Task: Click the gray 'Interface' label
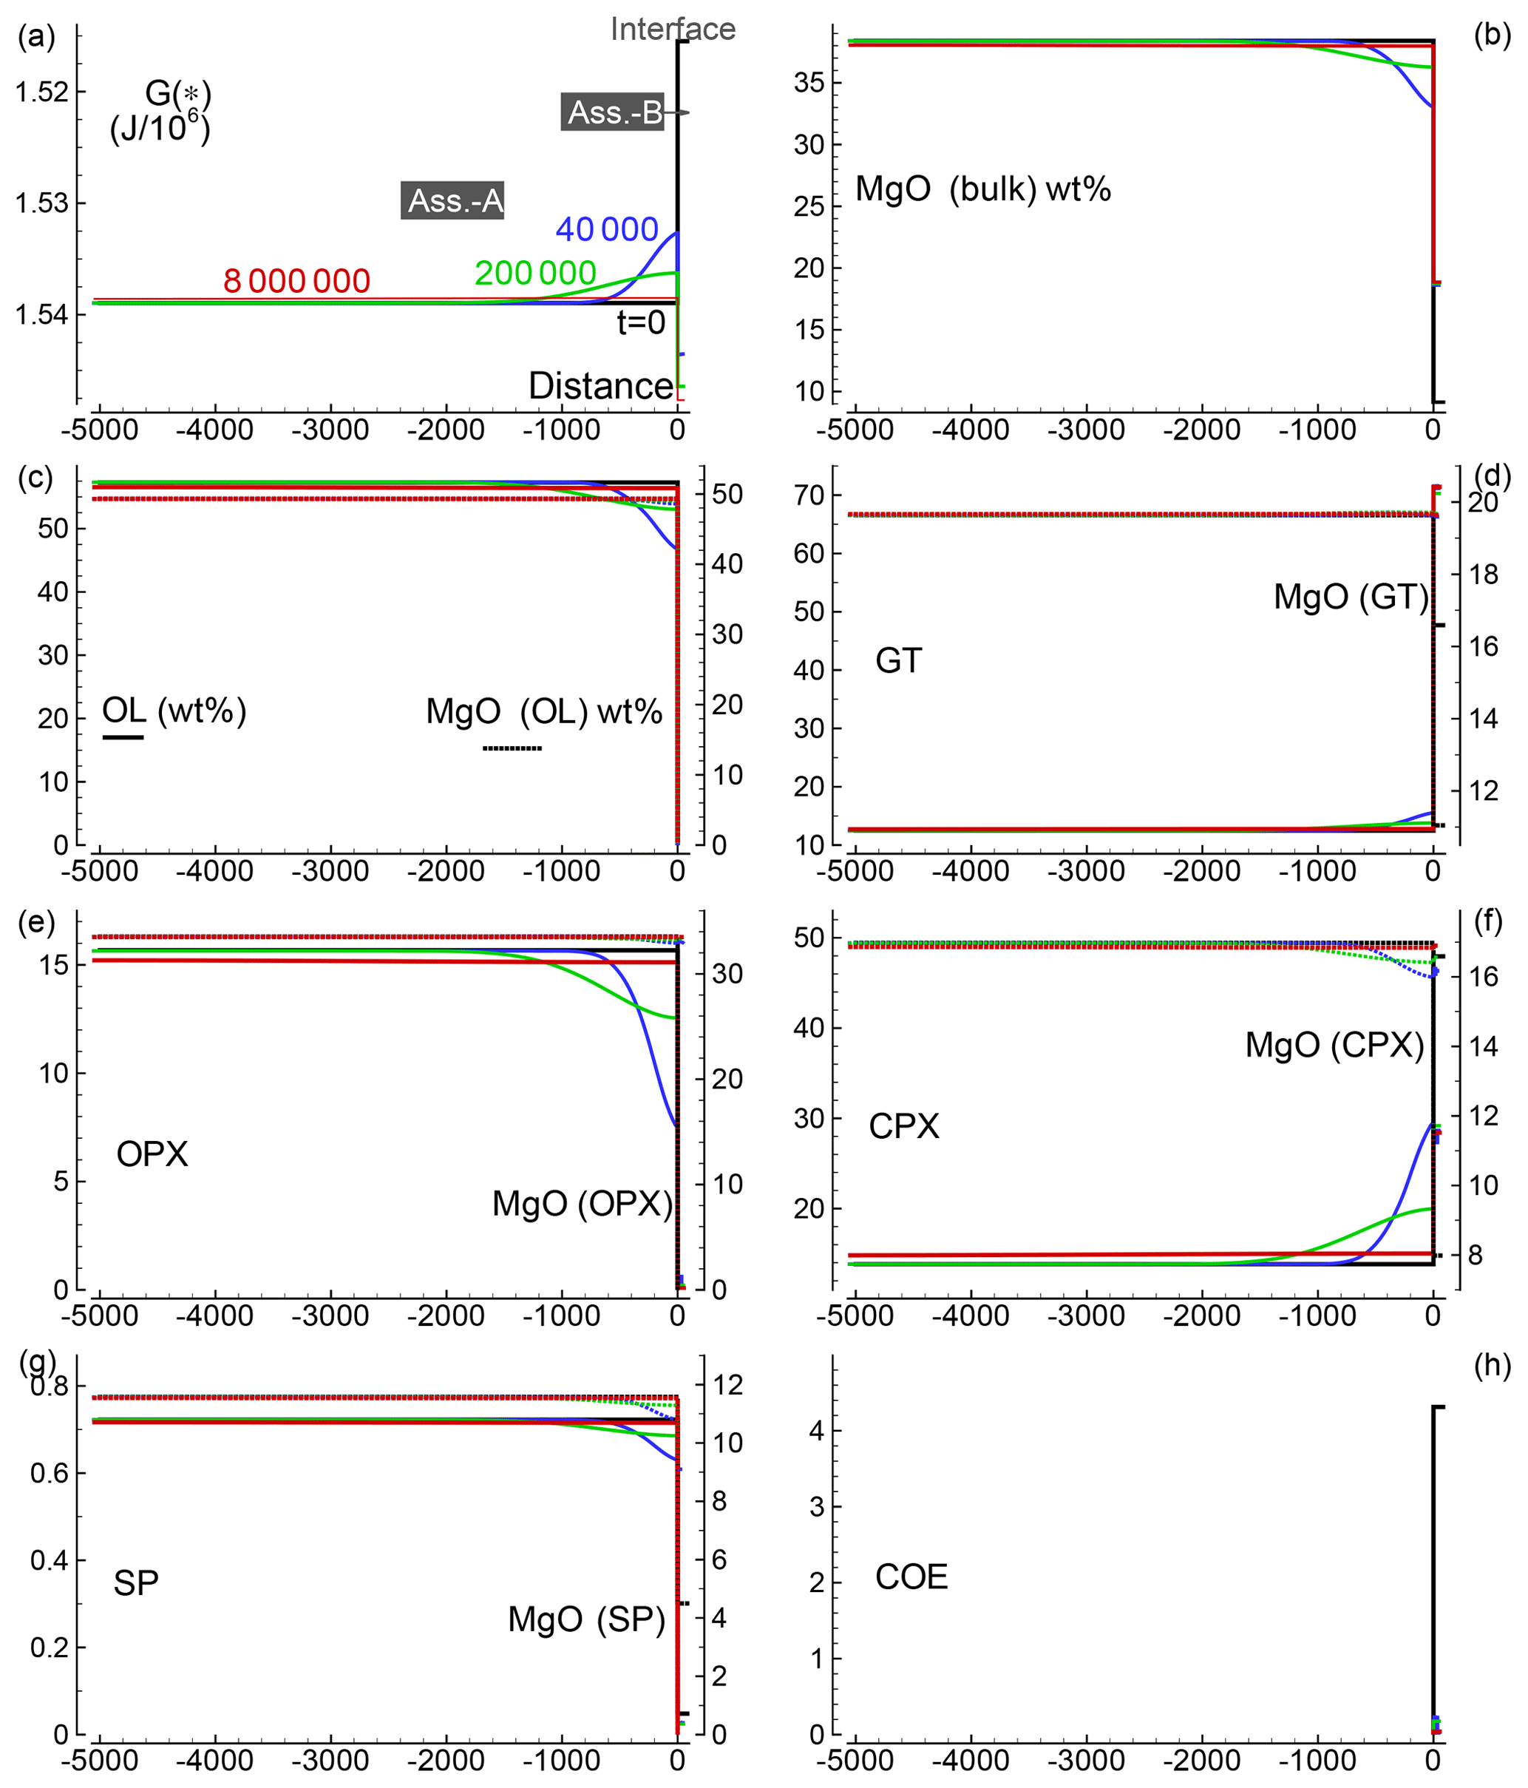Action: pyautogui.click(x=672, y=30)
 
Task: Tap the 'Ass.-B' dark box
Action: pyautogui.click(x=613, y=112)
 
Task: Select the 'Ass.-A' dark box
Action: pyautogui.click(x=453, y=200)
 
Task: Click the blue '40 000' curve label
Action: pyautogui.click(x=606, y=229)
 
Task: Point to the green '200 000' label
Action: pyautogui.click(x=535, y=274)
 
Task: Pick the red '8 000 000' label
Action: pyautogui.click(x=296, y=281)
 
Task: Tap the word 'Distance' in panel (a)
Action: pyautogui.click(x=600, y=386)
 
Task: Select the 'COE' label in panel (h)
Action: pyautogui.click(x=911, y=1577)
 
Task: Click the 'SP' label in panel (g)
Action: pyautogui.click(x=136, y=1583)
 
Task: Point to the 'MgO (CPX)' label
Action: pyautogui.click(x=1334, y=1045)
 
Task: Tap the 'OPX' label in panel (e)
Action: pyautogui.click(x=152, y=1154)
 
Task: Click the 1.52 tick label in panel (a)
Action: pyautogui.click(x=41, y=92)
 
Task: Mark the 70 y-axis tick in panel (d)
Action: pyautogui.click(x=809, y=495)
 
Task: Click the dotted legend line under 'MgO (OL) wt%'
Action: pyautogui.click(x=512, y=748)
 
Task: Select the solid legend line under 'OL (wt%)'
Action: pyautogui.click(x=123, y=737)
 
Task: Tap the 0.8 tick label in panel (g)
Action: pyautogui.click(x=50, y=1386)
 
